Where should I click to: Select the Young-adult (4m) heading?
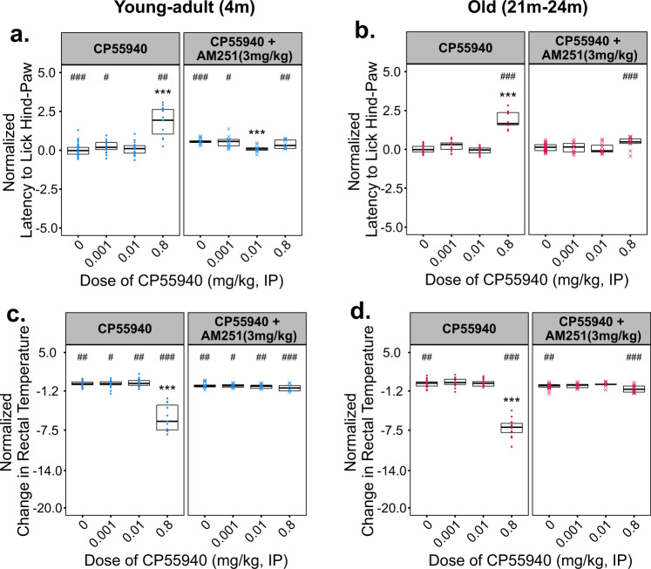(161, 10)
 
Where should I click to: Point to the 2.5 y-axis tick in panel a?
(49, 111)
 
